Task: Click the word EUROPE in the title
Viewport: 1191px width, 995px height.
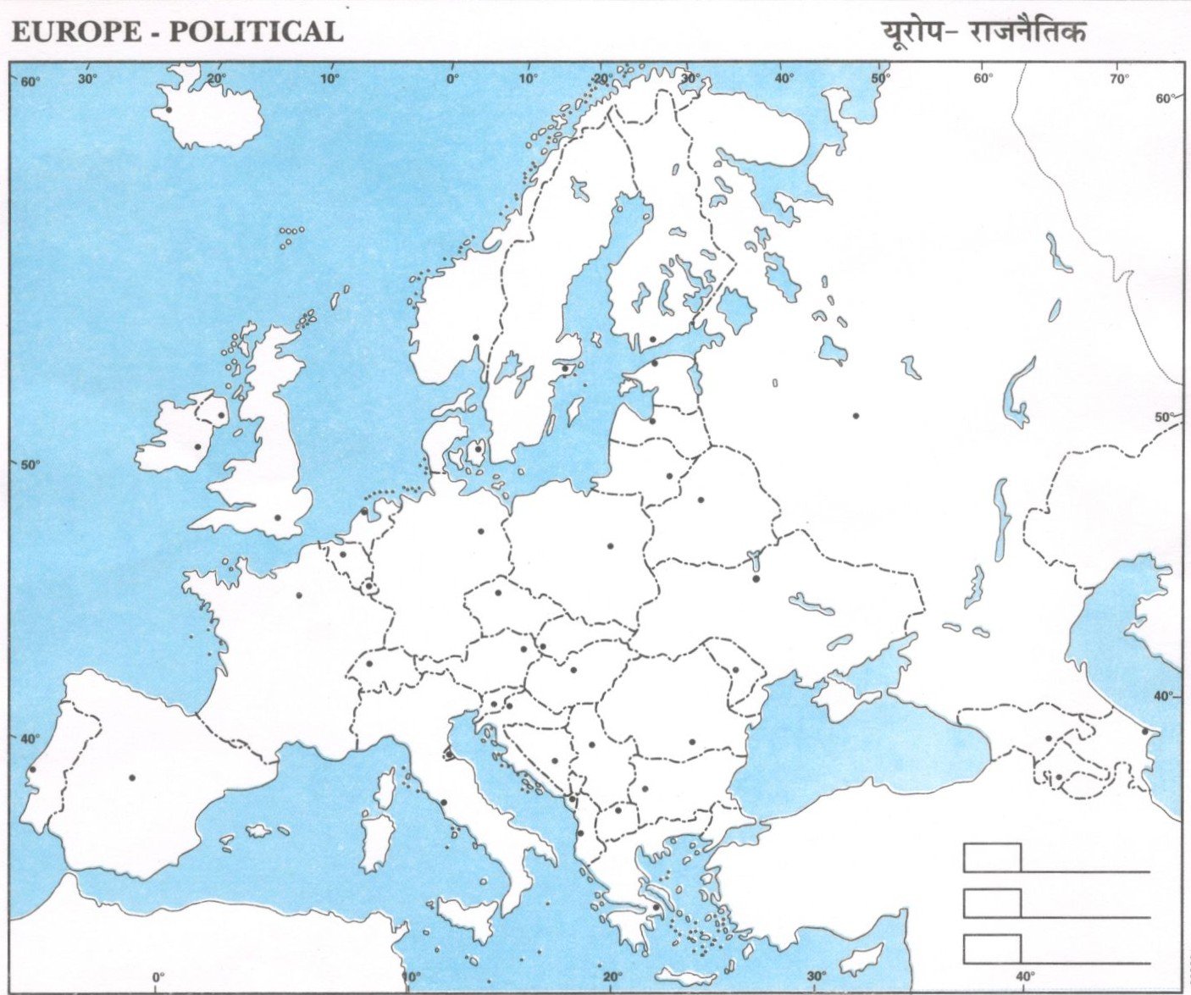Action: click(x=76, y=32)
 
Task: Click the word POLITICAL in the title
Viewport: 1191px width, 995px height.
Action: click(x=257, y=32)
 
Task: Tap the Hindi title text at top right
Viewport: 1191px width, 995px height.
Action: click(x=983, y=32)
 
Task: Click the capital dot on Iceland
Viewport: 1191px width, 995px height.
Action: click(x=169, y=109)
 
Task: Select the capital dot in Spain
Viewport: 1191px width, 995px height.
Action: click(x=132, y=777)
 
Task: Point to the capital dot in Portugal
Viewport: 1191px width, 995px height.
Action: click(x=32, y=770)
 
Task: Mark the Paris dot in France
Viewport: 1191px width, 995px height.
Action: click(x=299, y=594)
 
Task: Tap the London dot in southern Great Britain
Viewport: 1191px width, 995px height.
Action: click(x=277, y=517)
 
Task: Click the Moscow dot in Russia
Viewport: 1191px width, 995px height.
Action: click(x=856, y=416)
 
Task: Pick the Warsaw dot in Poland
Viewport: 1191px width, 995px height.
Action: click(x=610, y=545)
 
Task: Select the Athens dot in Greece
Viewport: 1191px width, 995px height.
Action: click(x=656, y=907)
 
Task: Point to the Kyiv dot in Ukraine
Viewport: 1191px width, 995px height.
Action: click(x=756, y=578)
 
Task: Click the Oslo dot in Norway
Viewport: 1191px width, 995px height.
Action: click(x=476, y=337)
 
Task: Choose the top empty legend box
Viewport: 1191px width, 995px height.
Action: click(x=992, y=857)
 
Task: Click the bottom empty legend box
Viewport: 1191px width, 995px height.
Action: click(x=992, y=948)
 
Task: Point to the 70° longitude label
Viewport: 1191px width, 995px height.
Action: click(x=1119, y=79)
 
